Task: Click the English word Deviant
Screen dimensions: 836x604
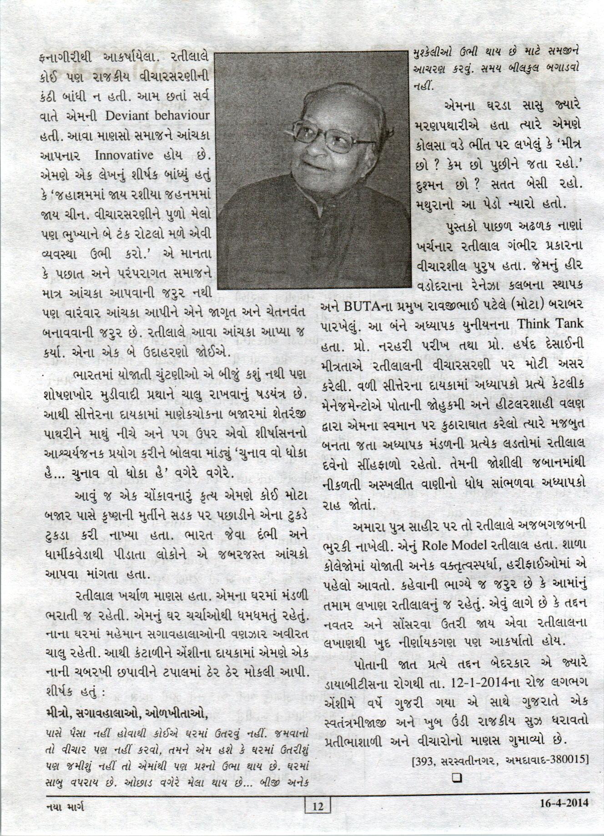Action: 129,116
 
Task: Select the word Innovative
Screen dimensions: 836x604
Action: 124,155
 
